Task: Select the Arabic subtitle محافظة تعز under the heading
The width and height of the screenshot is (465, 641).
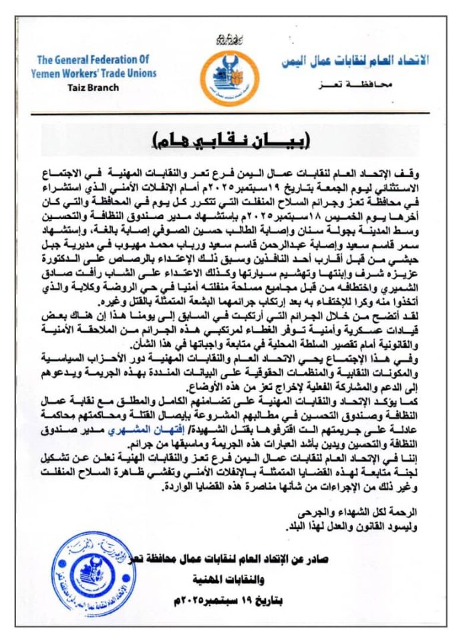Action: [387, 85]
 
